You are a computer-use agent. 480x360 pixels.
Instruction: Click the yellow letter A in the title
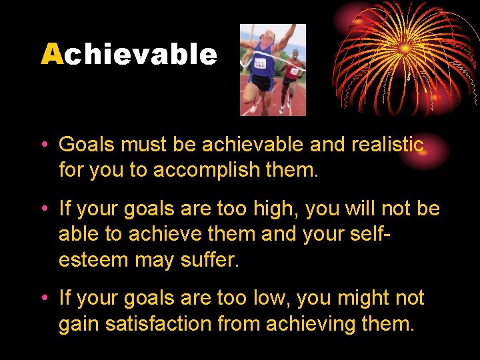point(51,55)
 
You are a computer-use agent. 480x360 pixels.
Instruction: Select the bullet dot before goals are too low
point(45,299)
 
